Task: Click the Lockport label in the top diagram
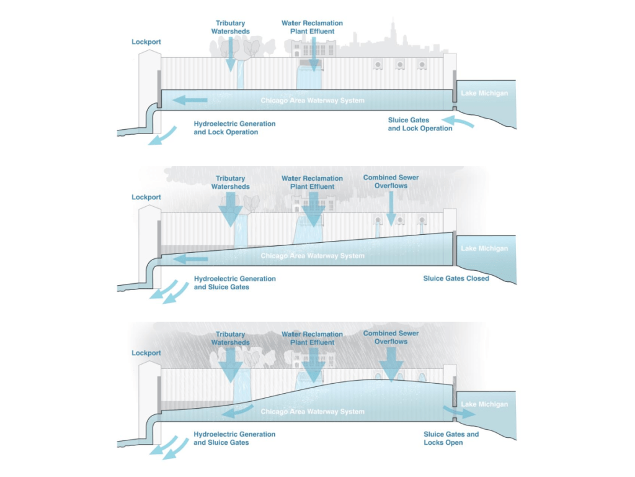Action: (x=146, y=42)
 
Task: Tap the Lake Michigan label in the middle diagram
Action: (x=484, y=248)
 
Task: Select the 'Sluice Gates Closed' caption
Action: (x=456, y=278)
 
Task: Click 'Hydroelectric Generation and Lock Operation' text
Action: (x=234, y=128)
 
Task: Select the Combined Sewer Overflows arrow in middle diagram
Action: (x=391, y=209)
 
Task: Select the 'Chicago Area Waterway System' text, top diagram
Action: (x=312, y=100)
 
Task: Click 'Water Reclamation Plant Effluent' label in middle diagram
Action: (x=312, y=183)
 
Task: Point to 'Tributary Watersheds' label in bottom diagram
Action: (x=230, y=338)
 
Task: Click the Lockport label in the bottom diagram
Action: (x=146, y=353)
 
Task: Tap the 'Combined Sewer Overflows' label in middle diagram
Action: (x=391, y=181)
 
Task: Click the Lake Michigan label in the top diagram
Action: (x=484, y=93)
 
